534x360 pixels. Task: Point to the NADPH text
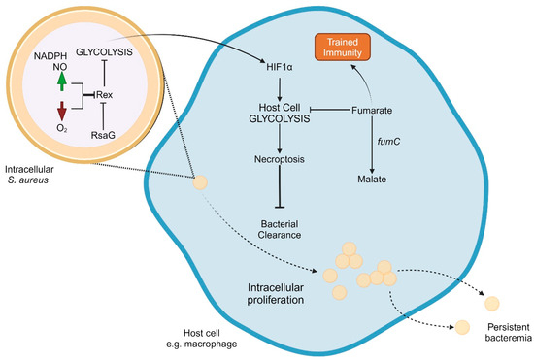48,55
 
